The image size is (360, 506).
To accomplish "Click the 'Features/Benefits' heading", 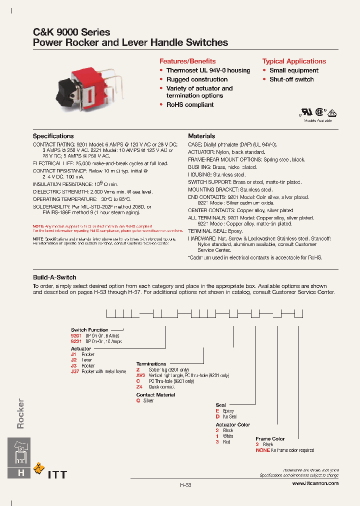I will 187,61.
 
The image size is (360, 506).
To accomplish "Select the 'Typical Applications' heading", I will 294,61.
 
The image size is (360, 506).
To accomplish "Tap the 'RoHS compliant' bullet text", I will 190,104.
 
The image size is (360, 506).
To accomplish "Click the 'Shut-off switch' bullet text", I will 291,79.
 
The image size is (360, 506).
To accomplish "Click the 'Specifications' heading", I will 53,136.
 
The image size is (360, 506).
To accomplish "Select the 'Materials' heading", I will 201,136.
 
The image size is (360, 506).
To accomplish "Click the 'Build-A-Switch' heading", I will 54,277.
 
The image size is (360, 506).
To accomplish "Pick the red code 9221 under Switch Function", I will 76,341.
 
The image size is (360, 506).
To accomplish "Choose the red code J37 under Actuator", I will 75,371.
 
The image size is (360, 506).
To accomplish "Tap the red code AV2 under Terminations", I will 140,375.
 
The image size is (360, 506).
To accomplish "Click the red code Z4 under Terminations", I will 139,387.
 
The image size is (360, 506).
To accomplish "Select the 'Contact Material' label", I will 155,394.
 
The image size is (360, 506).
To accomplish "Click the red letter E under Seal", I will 217,410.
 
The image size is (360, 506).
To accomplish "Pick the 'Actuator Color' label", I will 233,424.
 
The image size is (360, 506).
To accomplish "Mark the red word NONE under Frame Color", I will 262,450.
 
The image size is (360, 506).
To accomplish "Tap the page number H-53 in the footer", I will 185,485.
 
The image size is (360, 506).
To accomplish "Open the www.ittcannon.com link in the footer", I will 315,483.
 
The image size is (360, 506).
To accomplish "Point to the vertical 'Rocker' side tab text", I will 20,414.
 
